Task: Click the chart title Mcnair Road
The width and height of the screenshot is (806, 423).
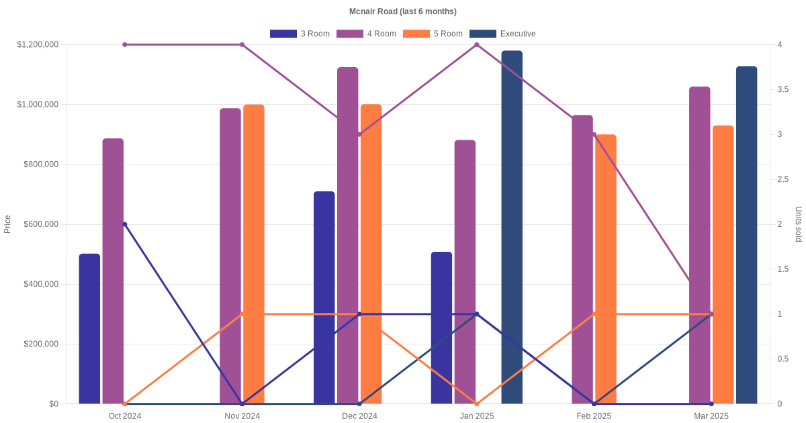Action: tap(403, 11)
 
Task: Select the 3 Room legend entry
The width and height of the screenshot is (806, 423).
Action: tap(300, 34)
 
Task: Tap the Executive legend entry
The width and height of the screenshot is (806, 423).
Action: tap(502, 34)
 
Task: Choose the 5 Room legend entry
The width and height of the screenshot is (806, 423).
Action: tap(433, 34)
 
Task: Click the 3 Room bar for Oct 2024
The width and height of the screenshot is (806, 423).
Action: tap(89, 329)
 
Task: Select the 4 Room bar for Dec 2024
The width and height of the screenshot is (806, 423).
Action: tap(347, 235)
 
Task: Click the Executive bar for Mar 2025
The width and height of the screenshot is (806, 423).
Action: tap(746, 235)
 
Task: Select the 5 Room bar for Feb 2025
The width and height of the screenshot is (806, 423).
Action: tap(606, 269)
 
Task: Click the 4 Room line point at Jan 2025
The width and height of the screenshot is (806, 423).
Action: tap(477, 45)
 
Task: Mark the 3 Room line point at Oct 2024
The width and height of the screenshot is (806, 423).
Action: tap(125, 224)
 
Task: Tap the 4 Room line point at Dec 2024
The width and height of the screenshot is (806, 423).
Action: tap(359, 134)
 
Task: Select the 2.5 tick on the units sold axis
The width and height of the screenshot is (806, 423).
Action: tap(784, 179)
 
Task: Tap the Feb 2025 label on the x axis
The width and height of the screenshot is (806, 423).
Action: tap(594, 416)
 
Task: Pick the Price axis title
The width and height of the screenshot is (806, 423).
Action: tap(7, 224)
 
